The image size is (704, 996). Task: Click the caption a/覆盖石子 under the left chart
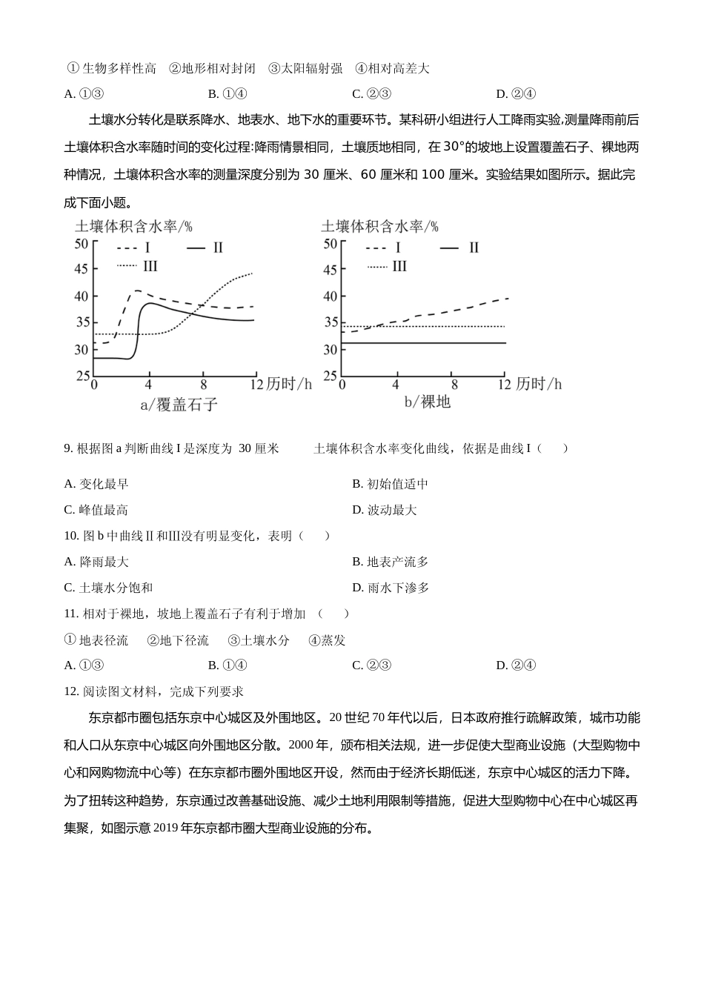(179, 404)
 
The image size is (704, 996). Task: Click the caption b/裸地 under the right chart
(427, 402)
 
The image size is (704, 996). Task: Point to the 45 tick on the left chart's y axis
(82, 270)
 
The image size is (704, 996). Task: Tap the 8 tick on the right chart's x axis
(454, 385)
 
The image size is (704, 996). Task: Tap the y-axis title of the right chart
(379, 226)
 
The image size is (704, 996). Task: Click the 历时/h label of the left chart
(290, 384)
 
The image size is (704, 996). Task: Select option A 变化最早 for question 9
(96, 484)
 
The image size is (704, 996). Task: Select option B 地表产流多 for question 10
(390, 562)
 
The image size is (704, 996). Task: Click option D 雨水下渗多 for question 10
(390, 588)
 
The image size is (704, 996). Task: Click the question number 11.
(71, 614)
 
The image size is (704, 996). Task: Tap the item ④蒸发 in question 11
(327, 640)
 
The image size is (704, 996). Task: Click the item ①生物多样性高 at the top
(111, 68)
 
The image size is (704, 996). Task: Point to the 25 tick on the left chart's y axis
(82, 376)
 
